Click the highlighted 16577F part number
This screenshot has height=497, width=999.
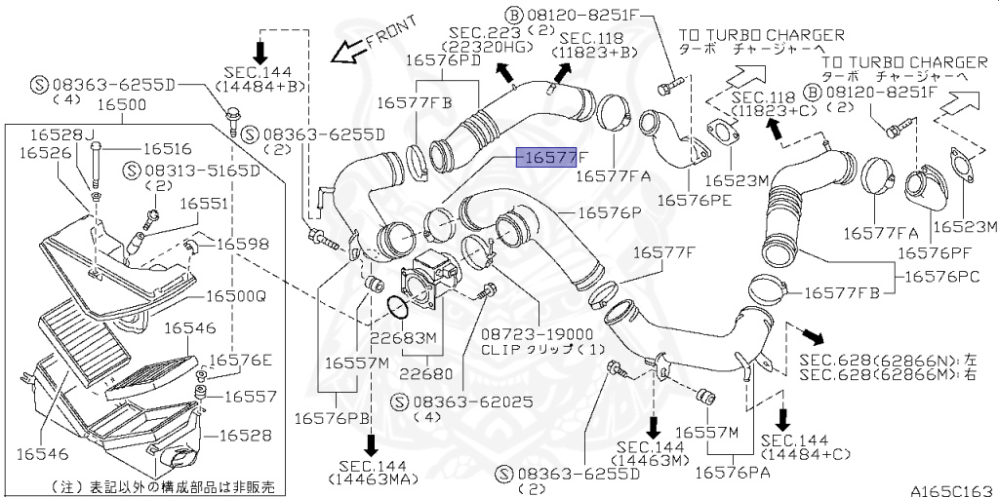[552, 158]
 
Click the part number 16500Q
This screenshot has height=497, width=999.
[234, 295]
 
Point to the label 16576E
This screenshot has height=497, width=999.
[241, 360]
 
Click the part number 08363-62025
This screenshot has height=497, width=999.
[459, 401]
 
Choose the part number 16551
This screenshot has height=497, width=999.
[200, 205]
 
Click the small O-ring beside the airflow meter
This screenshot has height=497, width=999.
[396, 307]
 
